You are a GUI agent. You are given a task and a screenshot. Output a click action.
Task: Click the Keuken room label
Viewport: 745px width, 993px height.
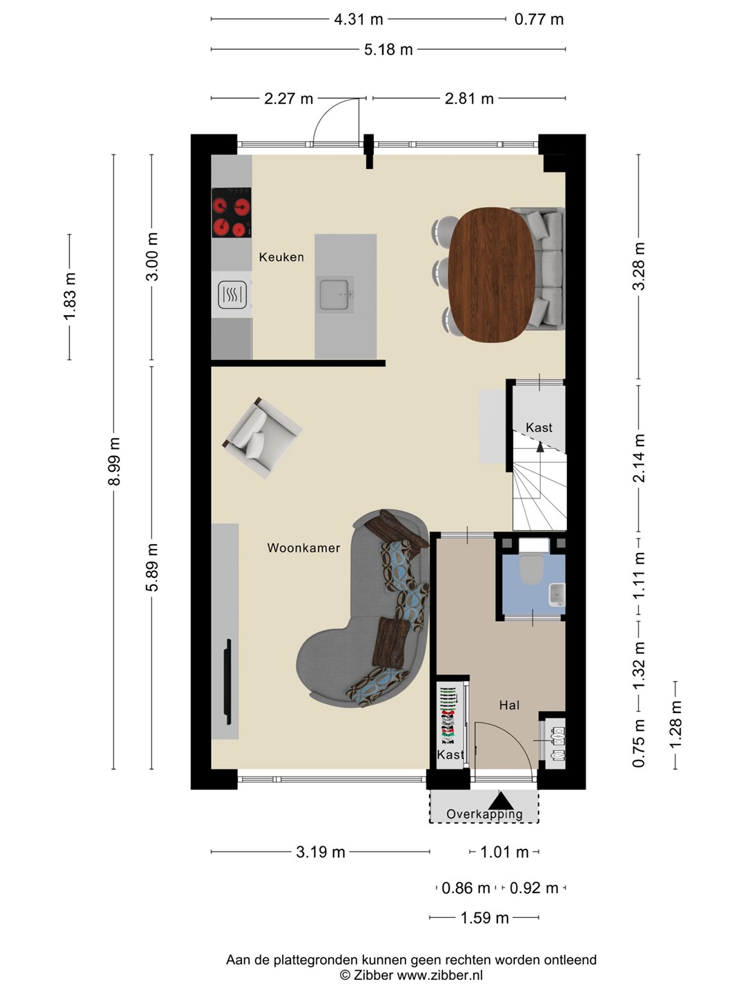[281, 257]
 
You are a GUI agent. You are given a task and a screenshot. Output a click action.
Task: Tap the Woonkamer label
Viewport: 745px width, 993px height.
[304, 548]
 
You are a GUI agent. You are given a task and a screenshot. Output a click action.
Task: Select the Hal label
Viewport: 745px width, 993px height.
[509, 705]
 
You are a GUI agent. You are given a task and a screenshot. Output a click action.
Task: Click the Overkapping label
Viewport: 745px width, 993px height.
[484, 814]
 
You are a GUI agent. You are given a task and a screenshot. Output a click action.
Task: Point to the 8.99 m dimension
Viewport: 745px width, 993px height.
[114, 461]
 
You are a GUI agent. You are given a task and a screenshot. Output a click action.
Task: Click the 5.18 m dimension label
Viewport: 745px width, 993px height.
[388, 50]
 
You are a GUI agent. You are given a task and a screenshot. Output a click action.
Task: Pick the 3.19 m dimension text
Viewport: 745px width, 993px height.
[321, 852]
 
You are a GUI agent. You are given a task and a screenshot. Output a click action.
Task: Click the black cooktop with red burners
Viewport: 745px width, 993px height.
[231, 212]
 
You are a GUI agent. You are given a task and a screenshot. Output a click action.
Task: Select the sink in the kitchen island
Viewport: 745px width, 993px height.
[335, 294]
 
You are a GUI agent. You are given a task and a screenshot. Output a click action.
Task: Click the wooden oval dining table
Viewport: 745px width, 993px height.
[491, 274]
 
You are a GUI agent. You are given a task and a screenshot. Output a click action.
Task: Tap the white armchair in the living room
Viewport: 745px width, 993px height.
[262, 437]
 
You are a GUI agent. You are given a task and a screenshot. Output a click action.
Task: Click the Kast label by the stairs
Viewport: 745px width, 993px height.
[539, 428]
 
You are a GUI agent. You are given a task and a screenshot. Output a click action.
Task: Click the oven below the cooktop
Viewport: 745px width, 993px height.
[232, 294]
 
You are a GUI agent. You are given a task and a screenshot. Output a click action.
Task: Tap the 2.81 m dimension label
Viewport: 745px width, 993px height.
[469, 99]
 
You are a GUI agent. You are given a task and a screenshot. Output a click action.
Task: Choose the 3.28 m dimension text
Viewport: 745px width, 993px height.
[639, 266]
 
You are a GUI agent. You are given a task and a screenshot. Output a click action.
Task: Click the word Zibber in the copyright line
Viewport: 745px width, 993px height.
[373, 975]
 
